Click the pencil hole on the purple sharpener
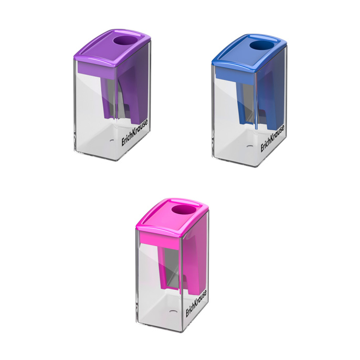pos(125,41)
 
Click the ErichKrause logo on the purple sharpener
pos(134,133)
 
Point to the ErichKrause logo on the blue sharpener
pos(272,138)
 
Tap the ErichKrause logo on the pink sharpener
pos(196,303)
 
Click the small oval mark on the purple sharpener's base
pos(112,141)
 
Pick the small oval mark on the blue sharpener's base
pos(250,146)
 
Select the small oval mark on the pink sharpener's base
pos(173,312)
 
